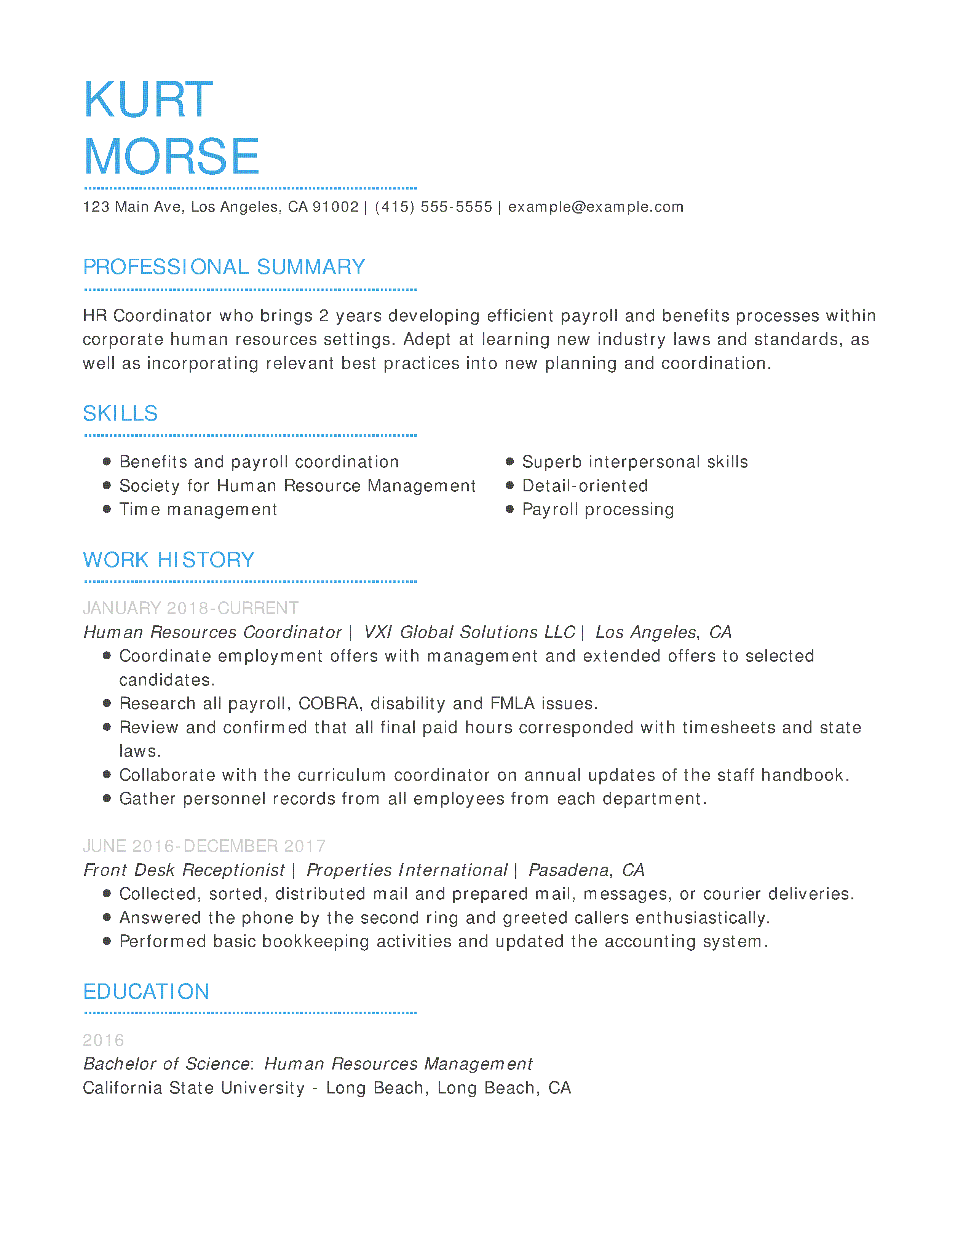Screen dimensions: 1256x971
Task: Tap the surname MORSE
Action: click(x=171, y=156)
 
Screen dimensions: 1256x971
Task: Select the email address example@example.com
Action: click(x=596, y=207)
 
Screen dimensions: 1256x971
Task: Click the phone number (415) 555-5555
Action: click(x=433, y=207)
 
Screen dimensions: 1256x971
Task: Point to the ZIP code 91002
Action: click(x=335, y=207)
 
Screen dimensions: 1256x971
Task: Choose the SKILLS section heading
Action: click(x=120, y=413)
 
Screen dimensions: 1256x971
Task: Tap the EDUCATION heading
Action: click(x=146, y=992)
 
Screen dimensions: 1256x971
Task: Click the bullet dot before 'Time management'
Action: click(x=106, y=509)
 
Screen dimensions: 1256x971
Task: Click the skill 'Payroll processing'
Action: click(x=598, y=510)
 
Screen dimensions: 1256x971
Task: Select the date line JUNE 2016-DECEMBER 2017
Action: click(x=204, y=846)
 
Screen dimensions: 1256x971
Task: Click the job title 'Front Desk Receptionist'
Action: click(x=184, y=870)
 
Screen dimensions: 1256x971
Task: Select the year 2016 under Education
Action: click(x=104, y=1040)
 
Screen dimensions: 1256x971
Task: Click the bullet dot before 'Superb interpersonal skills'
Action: click(x=509, y=461)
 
